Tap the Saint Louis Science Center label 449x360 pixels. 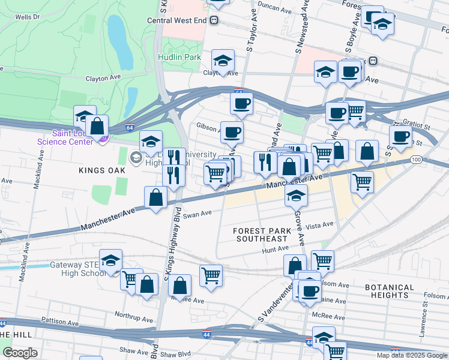tap(65, 137)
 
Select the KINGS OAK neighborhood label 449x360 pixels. tap(101, 170)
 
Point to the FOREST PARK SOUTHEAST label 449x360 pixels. tap(265, 235)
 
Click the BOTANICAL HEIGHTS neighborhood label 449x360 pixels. tap(390, 291)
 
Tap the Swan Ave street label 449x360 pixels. tap(197, 214)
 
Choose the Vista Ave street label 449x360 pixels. tap(319, 225)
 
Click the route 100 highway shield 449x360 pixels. tap(417, 160)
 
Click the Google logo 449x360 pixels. tap(20, 352)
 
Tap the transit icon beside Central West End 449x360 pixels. tap(214, 20)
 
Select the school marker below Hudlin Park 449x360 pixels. tap(223, 61)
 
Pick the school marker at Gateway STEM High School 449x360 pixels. tap(110, 260)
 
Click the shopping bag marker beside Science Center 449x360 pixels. tap(97, 127)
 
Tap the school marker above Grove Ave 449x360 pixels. tap(296, 196)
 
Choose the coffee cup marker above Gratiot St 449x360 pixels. tap(400, 136)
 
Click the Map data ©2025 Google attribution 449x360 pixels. tap(412, 355)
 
